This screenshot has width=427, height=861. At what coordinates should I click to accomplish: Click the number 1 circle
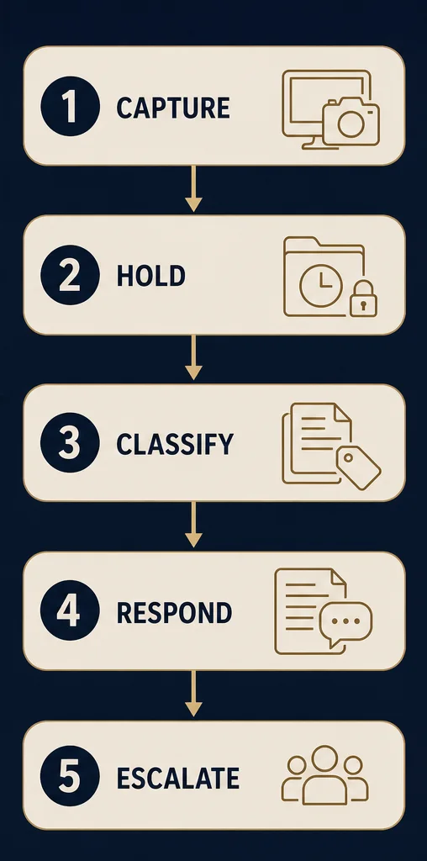[71, 107]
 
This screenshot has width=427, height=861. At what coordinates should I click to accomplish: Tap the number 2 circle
[71, 275]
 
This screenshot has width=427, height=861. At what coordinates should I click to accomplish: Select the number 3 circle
[71, 443]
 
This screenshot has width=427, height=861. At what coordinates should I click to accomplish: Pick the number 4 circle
[71, 611]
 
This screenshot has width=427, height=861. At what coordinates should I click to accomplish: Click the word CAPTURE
[173, 108]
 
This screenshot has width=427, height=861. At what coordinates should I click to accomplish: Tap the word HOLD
[151, 276]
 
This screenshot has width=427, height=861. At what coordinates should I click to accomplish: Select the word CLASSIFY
[175, 444]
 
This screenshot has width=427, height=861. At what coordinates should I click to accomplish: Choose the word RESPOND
[174, 612]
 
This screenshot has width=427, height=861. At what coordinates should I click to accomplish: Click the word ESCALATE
[178, 778]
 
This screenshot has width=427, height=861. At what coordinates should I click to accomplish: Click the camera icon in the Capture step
[351, 123]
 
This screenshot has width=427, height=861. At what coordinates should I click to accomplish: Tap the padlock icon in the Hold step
[363, 298]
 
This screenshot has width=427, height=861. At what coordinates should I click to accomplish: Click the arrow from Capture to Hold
[193, 188]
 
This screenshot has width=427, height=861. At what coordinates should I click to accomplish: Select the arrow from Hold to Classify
[193, 357]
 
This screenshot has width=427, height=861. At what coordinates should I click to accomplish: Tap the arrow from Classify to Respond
[193, 525]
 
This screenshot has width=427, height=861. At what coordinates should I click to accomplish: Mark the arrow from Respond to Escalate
[193, 693]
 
